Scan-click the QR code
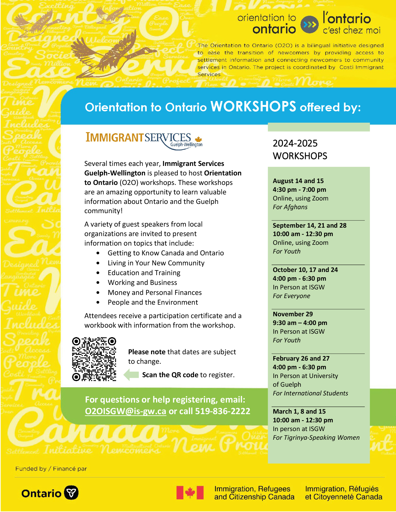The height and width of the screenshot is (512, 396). pyautogui.click(x=94, y=359)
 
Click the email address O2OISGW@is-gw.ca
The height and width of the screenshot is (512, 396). pyautogui.click(x=125, y=411)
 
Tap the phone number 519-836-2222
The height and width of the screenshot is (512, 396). pyautogui.click(x=222, y=411)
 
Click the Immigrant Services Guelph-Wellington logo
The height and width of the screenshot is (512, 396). pyautogui.click(x=144, y=140)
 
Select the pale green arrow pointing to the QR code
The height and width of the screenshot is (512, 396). pyautogui.click(x=131, y=375)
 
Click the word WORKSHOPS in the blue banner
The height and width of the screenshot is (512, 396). pyautogui.click(x=253, y=107)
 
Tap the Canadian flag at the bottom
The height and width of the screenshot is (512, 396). pyautogui.click(x=190, y=492)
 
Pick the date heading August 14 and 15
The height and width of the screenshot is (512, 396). pyautogui.click(x=298, y=181)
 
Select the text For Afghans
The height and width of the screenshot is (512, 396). pyautogui.click(x=290, y=207)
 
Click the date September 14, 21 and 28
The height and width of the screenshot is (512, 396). pyautogui.click(x=309, y=226)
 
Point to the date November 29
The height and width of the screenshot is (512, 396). pyautogui.click(x=293, y=314)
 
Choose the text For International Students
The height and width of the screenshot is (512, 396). pyautogui.click(x=310, y=393)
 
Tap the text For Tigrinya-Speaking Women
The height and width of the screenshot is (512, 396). pyautogui.click(x=316, y=438)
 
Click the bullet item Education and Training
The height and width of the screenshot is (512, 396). pyautogui.click(x=144, y=273)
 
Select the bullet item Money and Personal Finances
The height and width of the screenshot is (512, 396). pyautogui.click(x=154, y=293)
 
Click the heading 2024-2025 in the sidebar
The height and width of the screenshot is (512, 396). pyautogui.click(x=295, y=143)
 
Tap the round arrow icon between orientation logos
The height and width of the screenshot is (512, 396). pyautogui.click(x=309, y=25)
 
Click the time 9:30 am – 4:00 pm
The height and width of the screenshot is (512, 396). pyautogui.click(x=300, y=323)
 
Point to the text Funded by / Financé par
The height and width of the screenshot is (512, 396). pyautogui.click(x=51, y=469)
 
